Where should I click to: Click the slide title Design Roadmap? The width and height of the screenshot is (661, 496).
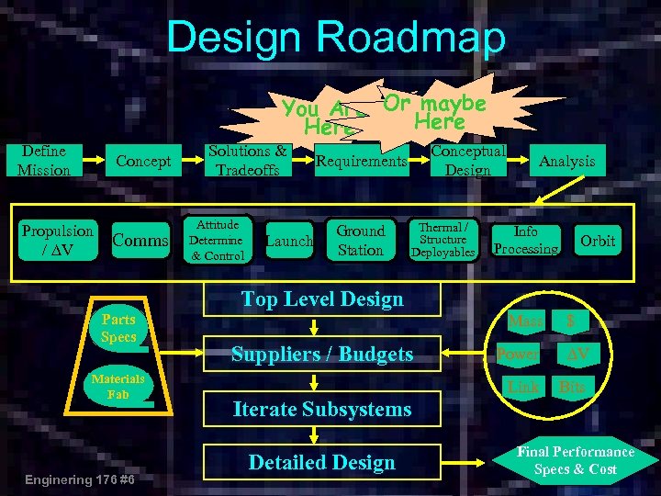tap(335, 39)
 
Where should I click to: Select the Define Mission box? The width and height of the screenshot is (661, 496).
tap(43, 161)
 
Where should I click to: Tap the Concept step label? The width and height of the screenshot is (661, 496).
tap(143, 162)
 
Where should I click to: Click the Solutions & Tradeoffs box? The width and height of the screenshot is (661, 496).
tap(247, 160)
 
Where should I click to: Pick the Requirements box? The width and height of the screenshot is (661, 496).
tap(361, 162)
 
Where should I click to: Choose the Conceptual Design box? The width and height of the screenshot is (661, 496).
tap(467, 161)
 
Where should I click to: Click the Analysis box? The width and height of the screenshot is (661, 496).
tap(566, 162)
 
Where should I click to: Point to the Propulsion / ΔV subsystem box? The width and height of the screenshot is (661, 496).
tap(57, 241)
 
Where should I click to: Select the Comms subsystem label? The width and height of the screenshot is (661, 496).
tap(140, 241)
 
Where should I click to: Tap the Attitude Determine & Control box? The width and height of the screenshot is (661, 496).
tap(217, 240)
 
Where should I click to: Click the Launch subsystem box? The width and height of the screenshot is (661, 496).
tap(288, 241)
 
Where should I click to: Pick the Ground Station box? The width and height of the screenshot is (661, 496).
tap(360, 240)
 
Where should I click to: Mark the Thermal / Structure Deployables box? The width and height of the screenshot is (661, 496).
tap(443, 240)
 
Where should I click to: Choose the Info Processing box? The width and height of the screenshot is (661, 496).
tap(525, 240)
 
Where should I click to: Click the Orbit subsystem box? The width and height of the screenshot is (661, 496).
tap(598, 241)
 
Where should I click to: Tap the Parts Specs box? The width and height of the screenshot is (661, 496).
tap(119, 329)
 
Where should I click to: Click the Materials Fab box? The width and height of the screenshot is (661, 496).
tap(118, 386)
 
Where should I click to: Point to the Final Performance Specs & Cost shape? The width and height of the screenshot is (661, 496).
tap(576, 460)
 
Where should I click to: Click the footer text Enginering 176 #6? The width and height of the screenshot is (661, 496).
tap(82, 479)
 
